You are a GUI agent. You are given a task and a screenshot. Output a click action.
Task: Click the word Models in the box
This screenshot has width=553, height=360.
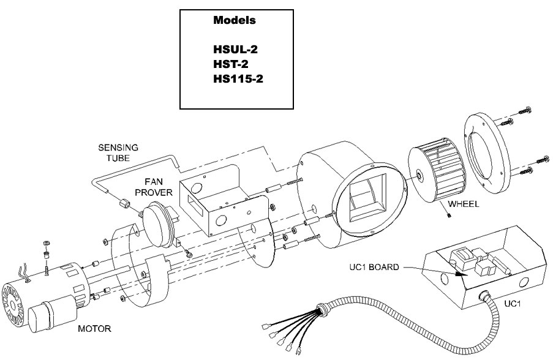pyautogui.click(x=234, y=20)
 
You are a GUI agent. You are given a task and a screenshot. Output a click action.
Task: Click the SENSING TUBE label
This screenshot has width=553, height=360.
pyautogui.click(x=118, y=152)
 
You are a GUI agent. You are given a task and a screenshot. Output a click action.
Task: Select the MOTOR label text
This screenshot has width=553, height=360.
pyautogui.click(x=94, y=329)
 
